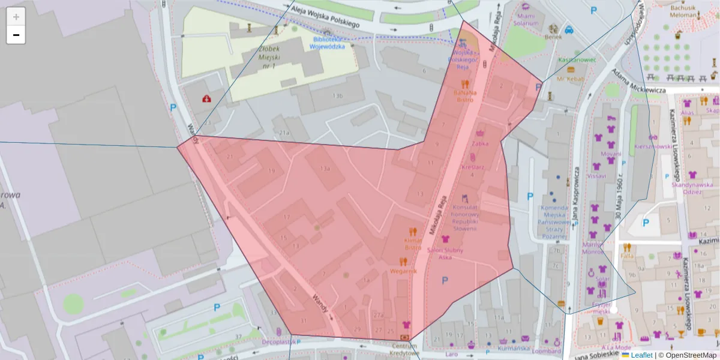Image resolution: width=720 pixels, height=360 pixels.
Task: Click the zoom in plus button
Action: [x=16, y=17]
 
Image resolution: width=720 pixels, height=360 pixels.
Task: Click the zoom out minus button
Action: [x=16, y=35]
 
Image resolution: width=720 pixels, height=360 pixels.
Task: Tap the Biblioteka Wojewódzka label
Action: [x=328, y=43]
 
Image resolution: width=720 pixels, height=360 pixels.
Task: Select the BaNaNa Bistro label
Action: [x=464, y=96]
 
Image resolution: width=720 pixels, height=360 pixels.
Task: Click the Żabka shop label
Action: [x=479, y=143]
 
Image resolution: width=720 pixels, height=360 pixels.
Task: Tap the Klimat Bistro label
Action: [x=412, y=243]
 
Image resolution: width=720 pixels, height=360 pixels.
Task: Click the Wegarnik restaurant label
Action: [x=403, y=271]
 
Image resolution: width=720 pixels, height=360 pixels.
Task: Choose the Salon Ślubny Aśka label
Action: [x=445, y=253]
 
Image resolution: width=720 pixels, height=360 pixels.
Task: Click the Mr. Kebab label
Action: [x=571, y=79]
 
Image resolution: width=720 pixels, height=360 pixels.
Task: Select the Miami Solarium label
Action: [x=525, y=20]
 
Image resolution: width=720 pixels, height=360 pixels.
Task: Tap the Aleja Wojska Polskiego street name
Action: [x=324, y=17]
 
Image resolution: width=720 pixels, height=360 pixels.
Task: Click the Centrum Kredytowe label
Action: [x=404, y=349]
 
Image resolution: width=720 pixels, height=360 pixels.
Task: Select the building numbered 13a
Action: [x=325, y=169]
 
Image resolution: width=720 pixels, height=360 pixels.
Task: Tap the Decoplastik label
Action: [x=279, y=343]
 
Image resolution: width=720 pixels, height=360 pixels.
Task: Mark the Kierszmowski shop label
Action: [x=653, y=146]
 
